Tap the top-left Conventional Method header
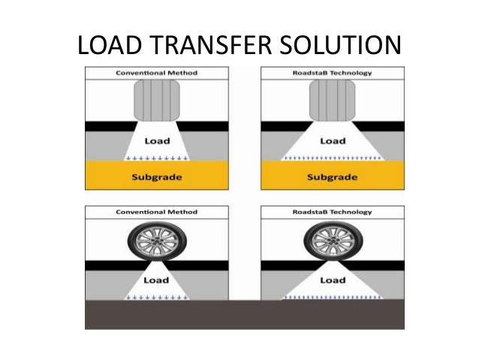tap(157, 73)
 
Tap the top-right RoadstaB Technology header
tap(332, 73)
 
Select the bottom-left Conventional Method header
tap(157, 213)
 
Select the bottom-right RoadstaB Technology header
tap(332, 213)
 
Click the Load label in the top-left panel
tap(157, 140)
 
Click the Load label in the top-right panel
tap(332, 140)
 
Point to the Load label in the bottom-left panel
tap(157, 281)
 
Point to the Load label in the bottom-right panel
tap(332, 281)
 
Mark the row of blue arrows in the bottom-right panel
tap(332, 298)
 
